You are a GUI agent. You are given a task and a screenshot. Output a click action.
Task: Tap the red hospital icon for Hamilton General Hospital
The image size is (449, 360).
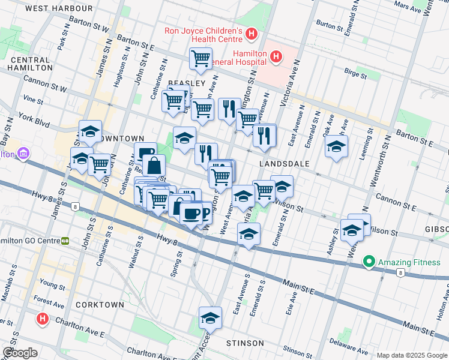point(276,58)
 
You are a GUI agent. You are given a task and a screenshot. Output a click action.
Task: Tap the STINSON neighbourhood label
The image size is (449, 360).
point(245,343)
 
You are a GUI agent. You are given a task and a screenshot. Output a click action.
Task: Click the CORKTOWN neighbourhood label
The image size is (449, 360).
point(100,304)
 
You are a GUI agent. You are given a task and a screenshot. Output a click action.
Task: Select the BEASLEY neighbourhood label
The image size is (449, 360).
point(187,83)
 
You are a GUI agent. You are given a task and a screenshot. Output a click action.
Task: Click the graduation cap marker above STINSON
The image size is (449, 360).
point(210,317)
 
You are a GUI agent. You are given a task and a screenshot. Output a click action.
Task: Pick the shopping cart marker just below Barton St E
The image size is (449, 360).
point(200,58)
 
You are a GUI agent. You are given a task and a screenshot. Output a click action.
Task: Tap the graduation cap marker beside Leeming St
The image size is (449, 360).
point(336,146)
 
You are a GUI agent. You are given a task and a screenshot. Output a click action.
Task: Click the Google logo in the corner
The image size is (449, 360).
point(20,353)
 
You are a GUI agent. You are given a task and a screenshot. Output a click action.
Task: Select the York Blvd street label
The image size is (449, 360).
point(33,118)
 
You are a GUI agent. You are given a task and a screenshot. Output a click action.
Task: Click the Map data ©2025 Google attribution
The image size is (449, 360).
point(412,355)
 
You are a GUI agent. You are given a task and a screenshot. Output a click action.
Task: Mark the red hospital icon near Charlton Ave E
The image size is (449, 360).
point(41,318)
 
